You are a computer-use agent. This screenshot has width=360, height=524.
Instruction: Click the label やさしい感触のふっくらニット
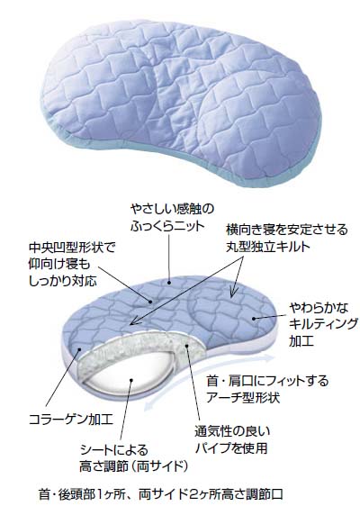(172, 218)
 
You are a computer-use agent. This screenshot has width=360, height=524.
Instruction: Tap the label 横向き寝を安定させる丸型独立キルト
(287, 238)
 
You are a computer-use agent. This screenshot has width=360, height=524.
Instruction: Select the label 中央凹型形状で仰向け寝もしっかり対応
(72, 265)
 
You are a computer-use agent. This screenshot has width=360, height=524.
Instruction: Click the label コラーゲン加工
(71, 420)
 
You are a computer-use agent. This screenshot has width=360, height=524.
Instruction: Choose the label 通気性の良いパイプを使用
(232, 439)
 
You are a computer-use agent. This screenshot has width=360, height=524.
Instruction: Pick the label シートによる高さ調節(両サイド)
(133, 457)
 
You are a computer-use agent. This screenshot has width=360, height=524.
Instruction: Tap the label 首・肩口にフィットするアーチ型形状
(267, 389)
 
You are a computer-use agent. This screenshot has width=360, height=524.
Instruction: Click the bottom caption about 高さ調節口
(161, 494)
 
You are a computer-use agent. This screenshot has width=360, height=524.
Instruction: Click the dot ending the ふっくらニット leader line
(169, 283)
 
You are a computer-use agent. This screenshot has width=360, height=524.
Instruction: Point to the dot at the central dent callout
(151, 302)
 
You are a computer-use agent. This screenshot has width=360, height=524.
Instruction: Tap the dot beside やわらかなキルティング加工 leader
(254, 319)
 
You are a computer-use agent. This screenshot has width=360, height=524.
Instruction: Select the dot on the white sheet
(131, 380)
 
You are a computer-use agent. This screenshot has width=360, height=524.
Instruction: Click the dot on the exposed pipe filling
(187, 347)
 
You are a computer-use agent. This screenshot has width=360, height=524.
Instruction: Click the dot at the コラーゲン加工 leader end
(79, 349)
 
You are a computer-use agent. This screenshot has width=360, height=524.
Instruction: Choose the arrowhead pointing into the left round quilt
(133, 321)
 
